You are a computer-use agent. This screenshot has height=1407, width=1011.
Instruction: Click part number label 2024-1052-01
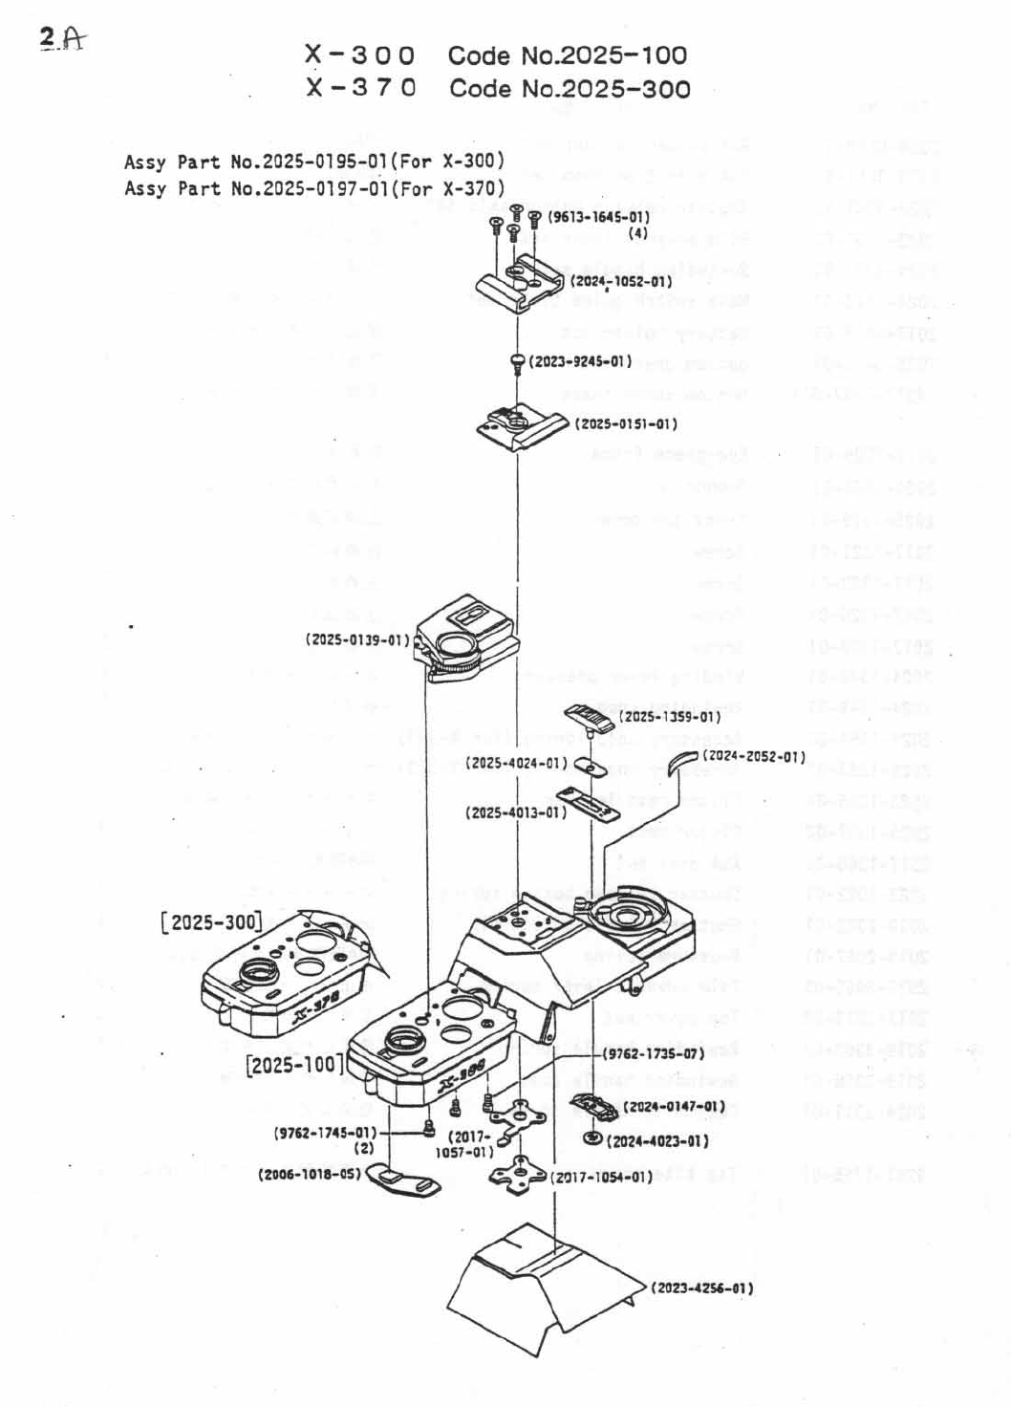point(621,282)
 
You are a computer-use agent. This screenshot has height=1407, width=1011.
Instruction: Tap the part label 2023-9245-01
point(580,362)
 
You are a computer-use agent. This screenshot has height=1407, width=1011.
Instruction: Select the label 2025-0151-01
point(626,423)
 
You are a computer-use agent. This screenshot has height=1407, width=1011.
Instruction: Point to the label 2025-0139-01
point(357,639)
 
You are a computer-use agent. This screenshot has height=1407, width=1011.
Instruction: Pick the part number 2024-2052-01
point(754,756)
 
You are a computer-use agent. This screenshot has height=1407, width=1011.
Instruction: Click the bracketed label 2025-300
point(211,921)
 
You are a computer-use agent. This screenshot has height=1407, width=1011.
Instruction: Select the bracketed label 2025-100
point(295,1064)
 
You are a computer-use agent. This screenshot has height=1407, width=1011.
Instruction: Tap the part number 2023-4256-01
point(702,1288)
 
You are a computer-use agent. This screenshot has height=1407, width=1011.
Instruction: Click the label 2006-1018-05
point(310,1174)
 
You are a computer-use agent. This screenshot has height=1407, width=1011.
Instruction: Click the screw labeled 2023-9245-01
point(518,362)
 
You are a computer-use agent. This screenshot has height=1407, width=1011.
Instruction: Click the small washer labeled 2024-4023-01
point(592,1137)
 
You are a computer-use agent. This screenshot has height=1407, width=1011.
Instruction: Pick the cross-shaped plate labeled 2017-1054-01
point(521,1172)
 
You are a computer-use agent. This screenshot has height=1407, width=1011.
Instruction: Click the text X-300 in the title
point(360,55)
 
